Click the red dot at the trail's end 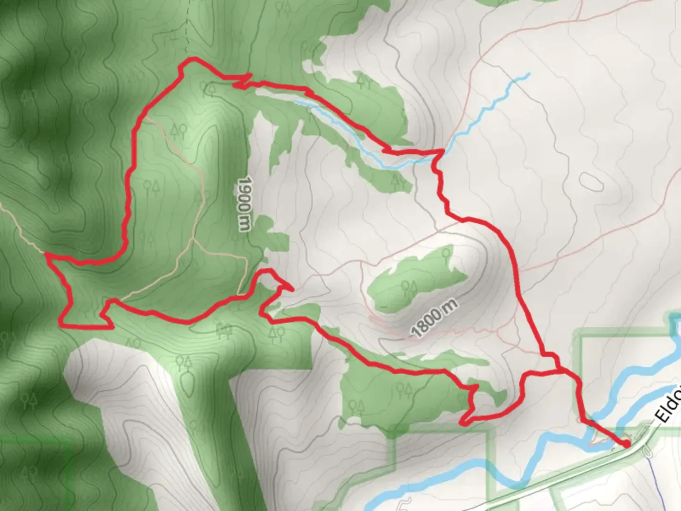[626, 444]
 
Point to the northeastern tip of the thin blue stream [528, 74]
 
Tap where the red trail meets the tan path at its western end [46, 254]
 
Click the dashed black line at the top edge [187, 24]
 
